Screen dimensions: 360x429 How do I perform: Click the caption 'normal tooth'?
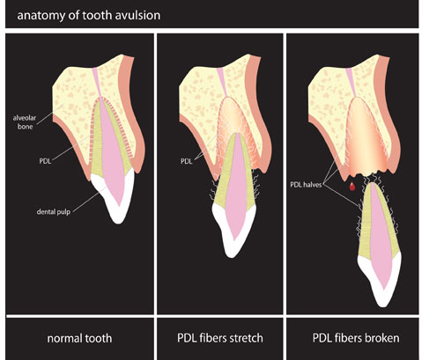(x=79, y=338)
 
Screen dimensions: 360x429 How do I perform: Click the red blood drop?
(x=352, y=186)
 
